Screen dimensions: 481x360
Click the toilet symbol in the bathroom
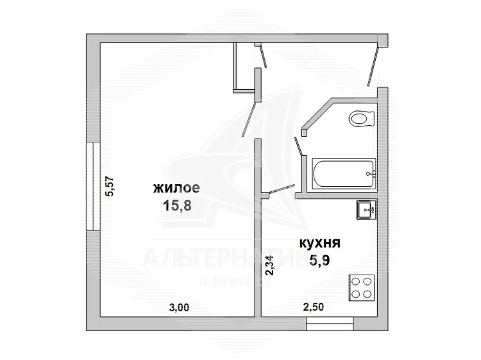[362, 119]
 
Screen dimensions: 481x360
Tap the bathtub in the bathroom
[344, 173]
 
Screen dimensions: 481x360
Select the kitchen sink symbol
[367, 210]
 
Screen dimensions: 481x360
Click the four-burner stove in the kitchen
[361, 288]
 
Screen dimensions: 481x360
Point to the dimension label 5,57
[110, 186]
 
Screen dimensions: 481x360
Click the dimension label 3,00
[179, 307]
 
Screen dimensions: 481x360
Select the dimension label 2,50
[314, 307]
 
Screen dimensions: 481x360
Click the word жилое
[176, 188]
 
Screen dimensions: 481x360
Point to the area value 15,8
[177, 205]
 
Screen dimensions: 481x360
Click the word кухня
[320, 243]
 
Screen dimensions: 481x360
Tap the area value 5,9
[319, 261]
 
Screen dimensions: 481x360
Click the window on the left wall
[93, 186]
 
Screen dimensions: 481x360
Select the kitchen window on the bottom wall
[330, 323]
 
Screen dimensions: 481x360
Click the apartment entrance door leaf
[373, 64]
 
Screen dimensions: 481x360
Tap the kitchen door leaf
[281, 189]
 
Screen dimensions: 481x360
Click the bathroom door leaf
[298, 146]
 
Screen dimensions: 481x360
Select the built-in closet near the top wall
[244, 67]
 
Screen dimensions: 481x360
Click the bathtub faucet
[371, 173]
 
